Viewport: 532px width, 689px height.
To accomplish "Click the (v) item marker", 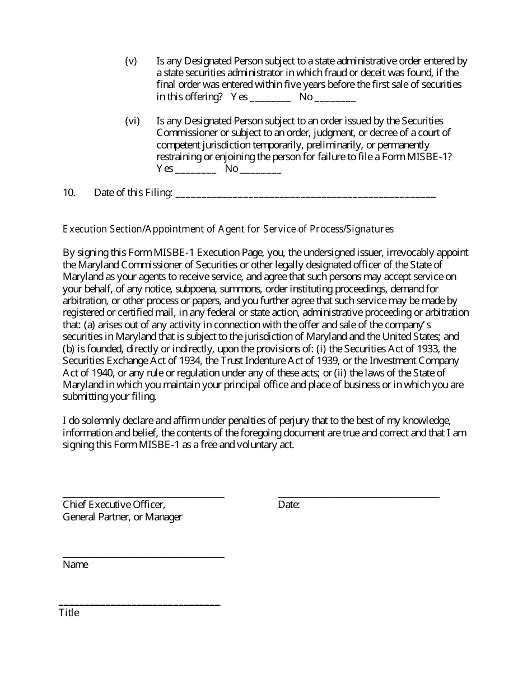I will [x=131, y=61].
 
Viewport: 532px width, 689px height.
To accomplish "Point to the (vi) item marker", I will [x=132, y=121].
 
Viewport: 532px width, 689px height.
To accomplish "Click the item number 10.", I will [x=69, y=193].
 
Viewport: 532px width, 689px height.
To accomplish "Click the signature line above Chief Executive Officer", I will [x=143, y=496].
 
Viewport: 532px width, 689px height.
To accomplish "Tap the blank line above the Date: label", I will [x=358, y=496].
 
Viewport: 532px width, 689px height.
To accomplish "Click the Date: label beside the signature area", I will [x=289, y=505].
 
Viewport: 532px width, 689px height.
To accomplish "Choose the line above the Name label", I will [x=143, y=556].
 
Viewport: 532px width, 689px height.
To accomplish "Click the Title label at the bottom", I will [x=69, y=613].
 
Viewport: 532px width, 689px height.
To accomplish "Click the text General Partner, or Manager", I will [x=123, y=517].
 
